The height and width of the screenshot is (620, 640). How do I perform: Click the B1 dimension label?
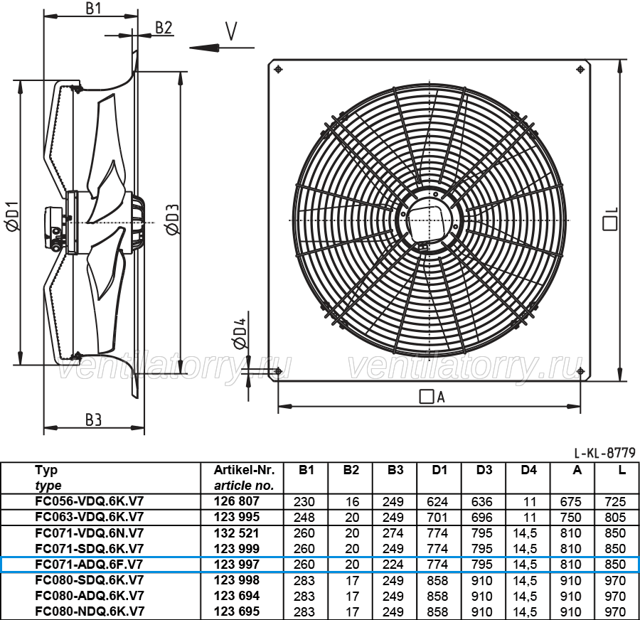coord(93,8)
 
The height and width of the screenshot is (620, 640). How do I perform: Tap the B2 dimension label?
coord(164,27)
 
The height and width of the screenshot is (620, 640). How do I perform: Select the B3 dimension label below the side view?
coord(93,419)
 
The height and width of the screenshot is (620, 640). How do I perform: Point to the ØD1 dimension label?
coord(13,216)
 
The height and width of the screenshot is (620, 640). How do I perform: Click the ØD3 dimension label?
coord(173,220)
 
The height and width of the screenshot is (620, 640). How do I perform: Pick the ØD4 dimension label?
coord(240,333)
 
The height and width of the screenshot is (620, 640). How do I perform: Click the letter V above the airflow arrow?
coord(231,31)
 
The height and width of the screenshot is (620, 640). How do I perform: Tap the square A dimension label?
coord(432,396)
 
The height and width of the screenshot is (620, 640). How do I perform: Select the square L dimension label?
coord(611,219)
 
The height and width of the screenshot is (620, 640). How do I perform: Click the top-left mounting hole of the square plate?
coord(278,69)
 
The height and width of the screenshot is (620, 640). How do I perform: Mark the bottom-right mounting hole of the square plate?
coord(580,371)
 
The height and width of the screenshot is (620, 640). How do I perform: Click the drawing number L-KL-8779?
coord(605,453)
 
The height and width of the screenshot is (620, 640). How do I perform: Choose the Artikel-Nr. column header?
coord(244,470)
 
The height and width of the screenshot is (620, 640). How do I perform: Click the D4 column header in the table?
coord(528,470)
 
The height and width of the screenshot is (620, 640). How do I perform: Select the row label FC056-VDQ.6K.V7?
coord(90,501)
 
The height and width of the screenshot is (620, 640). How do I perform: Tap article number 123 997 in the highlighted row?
coord(237,565)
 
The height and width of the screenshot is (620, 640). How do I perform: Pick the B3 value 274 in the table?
coord(393,533)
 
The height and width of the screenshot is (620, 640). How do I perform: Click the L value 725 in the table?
coord(615,502)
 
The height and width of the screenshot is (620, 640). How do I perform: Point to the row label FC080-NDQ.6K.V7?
coord(90,611)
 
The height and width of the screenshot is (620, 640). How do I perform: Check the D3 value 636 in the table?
coord(481,502)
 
